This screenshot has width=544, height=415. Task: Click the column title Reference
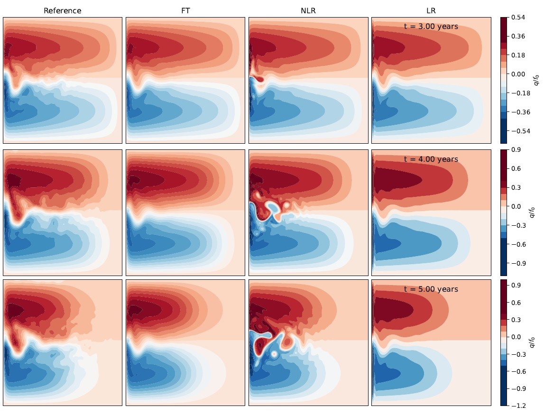click(62, 10)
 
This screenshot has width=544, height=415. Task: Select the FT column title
click(185, 10)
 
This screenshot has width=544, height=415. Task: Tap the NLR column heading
click(308, 10)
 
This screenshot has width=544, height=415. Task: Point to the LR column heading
click(431, 10)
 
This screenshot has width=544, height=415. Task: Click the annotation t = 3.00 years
click(431, 27)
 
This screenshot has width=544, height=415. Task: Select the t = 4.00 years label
click(431, 159)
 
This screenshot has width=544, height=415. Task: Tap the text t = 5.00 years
click(431, 289)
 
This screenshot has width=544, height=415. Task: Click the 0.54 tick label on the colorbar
click(518, 18)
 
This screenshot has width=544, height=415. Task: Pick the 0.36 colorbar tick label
click(518, 37)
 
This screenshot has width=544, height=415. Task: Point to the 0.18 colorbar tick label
click(518, 55)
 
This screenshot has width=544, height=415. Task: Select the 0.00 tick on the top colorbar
click(518, 74)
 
